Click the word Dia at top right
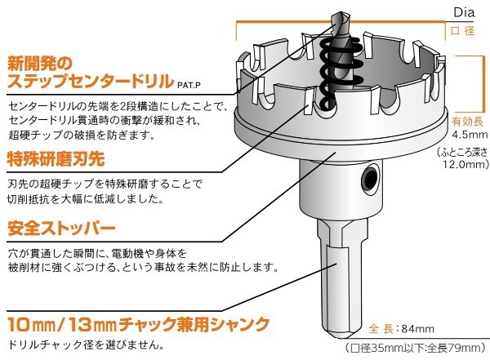pyautogui.click(x=464, y=13)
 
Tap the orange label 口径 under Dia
pyautogui.click(x=462, y=31)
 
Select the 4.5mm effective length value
pyautogui.click(x=470, y=135)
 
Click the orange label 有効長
pyautogui.click(x=467, y=122)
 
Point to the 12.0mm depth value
pyautogui.click(x=465, y=164)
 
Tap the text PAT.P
pyautogui.click(x=189, y=85)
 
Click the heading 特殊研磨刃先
pyautogui.click(x=56, y=158)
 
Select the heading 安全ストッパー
pyautogui.click(x=61, y=228)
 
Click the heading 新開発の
pyautogui.click(x=40, y=64)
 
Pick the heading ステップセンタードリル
pyautogui.click(x=91, y=81)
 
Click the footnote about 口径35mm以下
pyautogui.click(x=416, y=348)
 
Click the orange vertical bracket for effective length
pyautogui.click(x=479, y=84)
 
